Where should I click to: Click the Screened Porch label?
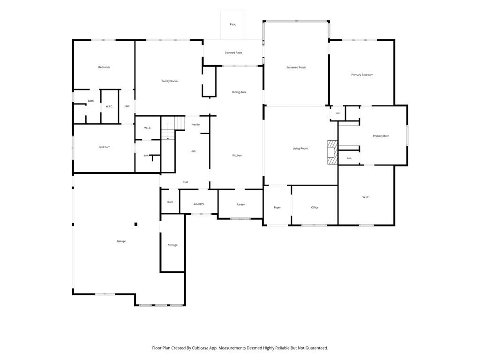296,67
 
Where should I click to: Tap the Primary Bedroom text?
362,75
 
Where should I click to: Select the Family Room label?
170,81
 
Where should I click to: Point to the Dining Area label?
239,92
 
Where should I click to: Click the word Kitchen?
237,156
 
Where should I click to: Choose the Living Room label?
300,149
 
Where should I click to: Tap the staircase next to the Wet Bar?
173,128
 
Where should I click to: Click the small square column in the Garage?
136,224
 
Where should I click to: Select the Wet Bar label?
196,125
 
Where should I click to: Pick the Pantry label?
240,204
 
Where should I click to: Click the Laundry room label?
199,204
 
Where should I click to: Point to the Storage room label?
172,245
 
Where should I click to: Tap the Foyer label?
277,208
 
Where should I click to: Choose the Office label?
315,208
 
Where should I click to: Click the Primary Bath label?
381,136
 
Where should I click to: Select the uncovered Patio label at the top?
233,24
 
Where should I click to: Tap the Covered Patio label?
233,52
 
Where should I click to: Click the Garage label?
121,241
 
